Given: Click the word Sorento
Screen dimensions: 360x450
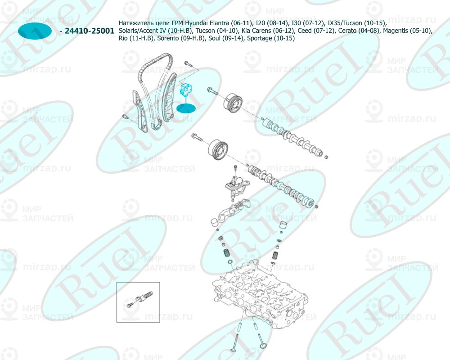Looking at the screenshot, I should click(x=169, y=39).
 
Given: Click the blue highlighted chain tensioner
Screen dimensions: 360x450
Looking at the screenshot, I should click(x=185, y=89).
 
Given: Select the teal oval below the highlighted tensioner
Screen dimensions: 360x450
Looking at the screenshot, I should click(x=186, y=108).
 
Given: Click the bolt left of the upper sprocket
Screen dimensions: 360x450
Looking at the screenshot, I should click(x=212, y=91).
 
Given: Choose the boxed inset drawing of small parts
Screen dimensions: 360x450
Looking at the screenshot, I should click(x=138, y=302).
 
